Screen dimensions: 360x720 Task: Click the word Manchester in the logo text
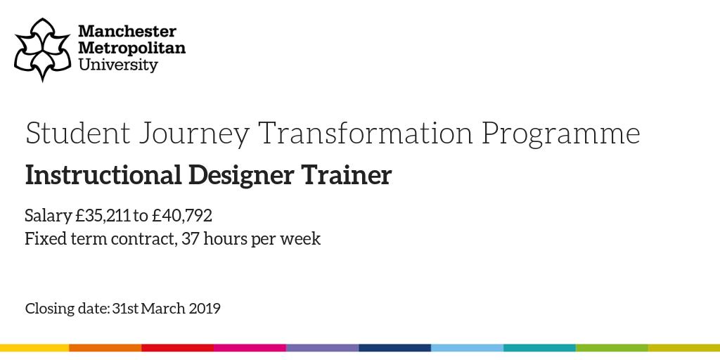pos(127,32)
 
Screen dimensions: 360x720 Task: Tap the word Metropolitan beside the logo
pos(131,49)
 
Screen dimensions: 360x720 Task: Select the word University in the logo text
pos(118,65)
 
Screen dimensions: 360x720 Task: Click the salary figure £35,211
pos(102,215)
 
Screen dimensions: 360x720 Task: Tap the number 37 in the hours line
pos(190,239)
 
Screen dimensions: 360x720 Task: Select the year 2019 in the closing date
pos(205,309)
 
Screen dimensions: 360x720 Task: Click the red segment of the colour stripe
pos(178,347)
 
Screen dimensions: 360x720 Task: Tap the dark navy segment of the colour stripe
pos(394,347)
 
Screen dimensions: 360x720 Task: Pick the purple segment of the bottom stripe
pos(322,347)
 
